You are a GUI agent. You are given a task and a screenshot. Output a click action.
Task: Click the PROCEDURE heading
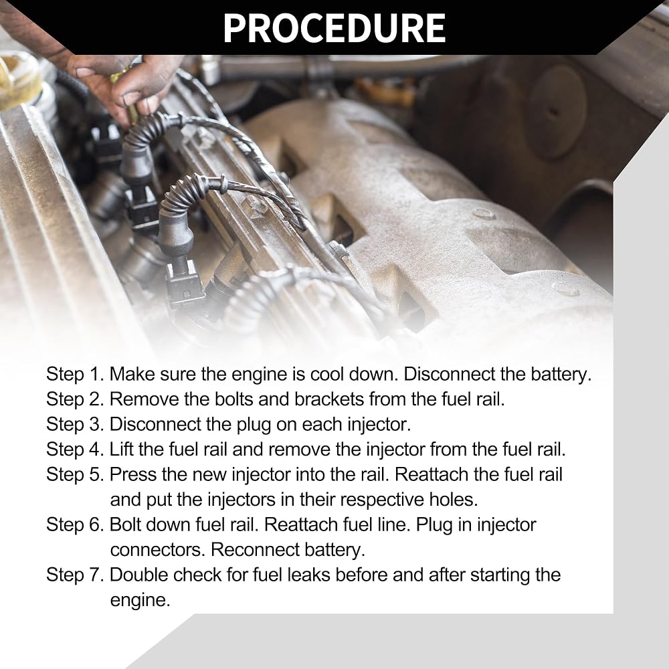[x=334, y=28]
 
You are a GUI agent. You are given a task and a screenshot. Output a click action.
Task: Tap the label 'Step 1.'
[x=75, y=374]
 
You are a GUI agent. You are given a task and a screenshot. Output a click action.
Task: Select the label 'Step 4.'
[x=75, y=450]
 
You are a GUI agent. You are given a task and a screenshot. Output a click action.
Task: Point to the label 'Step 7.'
[x=75, y=575]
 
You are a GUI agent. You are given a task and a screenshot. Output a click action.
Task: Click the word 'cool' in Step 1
[x=327, y=374]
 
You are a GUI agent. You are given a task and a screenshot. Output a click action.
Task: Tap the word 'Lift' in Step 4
[x=121, y=450]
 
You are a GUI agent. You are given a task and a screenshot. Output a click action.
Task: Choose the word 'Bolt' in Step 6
[x=126, y=524]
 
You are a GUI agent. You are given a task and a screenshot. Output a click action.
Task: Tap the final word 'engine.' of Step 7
[x=140, y=601]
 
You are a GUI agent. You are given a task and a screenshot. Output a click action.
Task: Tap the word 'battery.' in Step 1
[x=561, y=374]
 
